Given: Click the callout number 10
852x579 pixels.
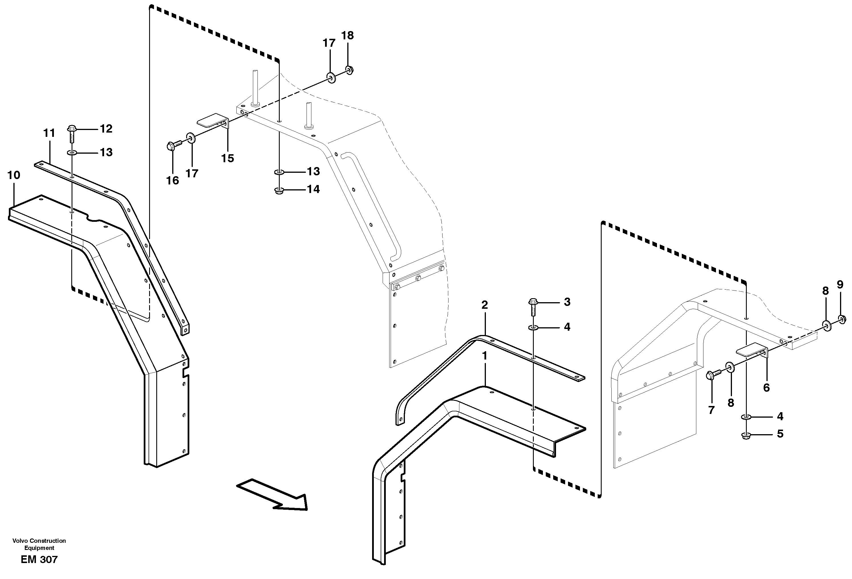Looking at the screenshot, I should [14, 175].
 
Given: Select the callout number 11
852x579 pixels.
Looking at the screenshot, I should [49, 133].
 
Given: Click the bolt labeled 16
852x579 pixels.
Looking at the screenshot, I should [172, 146].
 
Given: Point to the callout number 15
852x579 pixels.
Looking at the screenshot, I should [227, 158].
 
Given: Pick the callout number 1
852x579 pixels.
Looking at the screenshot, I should [485, 356].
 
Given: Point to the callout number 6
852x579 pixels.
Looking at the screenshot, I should [766, 388].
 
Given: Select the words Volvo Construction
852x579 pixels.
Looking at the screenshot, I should [39, 541].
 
